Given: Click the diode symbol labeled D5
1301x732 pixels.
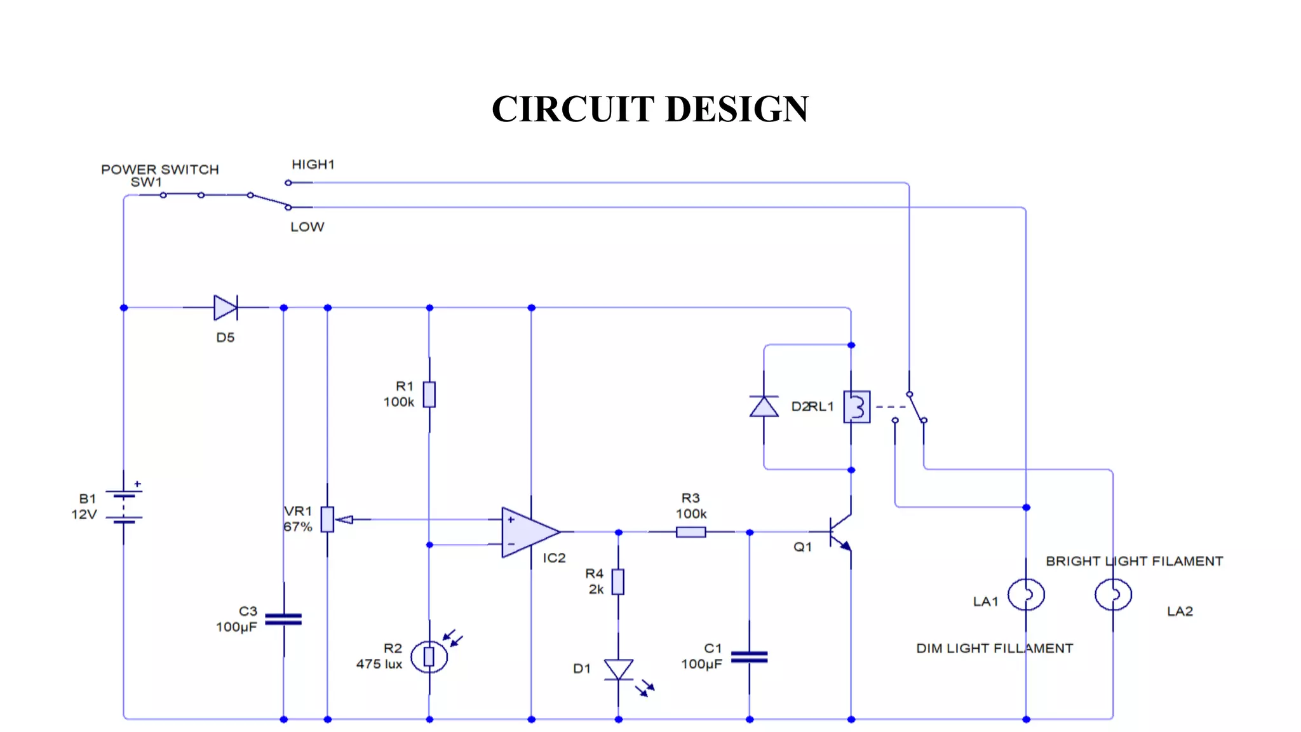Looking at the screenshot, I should coord(226,308).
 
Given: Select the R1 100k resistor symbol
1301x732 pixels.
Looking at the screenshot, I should coord(429,395).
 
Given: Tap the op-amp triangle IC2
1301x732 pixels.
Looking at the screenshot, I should coord(527,532).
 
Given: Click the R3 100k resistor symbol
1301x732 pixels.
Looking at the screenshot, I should coord(691,532).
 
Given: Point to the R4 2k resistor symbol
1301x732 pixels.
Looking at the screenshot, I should coord(618,581).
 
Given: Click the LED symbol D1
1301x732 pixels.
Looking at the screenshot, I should coord(618,670).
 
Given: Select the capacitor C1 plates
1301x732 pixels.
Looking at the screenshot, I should coord(749,657).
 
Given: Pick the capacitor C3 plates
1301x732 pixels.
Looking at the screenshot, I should coord(283,619).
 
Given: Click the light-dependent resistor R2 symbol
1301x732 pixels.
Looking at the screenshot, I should coord(429,656).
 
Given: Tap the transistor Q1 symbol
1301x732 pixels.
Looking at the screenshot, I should coord(839,532).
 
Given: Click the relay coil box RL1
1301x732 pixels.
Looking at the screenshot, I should coord(856,407).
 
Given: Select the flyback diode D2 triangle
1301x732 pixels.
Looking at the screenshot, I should coord(764,407).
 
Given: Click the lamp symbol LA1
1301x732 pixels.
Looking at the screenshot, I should coord(1026,595).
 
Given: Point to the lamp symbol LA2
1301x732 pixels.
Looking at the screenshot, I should coord(1113,595).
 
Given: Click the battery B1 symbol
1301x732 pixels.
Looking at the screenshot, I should coord(124,506).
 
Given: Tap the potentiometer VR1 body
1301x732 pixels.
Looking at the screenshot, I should coord(327,519).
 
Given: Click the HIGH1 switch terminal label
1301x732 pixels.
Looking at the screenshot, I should coord(313,165).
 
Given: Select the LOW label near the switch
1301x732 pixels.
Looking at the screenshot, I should coord(307,227).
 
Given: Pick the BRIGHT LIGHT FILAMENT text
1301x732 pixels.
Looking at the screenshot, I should coord(1134,561).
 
